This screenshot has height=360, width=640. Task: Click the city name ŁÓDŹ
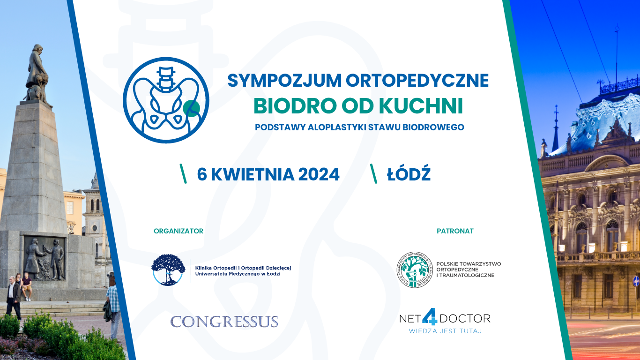[409, 173]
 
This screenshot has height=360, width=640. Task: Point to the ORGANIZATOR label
[179, 231]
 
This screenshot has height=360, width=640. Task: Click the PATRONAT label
[455, 231]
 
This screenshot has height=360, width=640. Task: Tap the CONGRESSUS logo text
[224, 322]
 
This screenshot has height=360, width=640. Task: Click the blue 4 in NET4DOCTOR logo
[430, 316]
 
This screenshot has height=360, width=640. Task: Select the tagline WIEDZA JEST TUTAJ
[445, 331]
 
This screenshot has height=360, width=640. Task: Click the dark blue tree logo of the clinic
[168, 270]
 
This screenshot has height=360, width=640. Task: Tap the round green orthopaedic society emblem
[415, 270]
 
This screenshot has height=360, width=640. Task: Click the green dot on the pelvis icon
[191, 108]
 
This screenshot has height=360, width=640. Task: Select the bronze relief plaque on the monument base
[45, 258]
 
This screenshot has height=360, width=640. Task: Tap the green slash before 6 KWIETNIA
[183, 173]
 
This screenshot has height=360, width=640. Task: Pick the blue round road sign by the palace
[636, 281]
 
